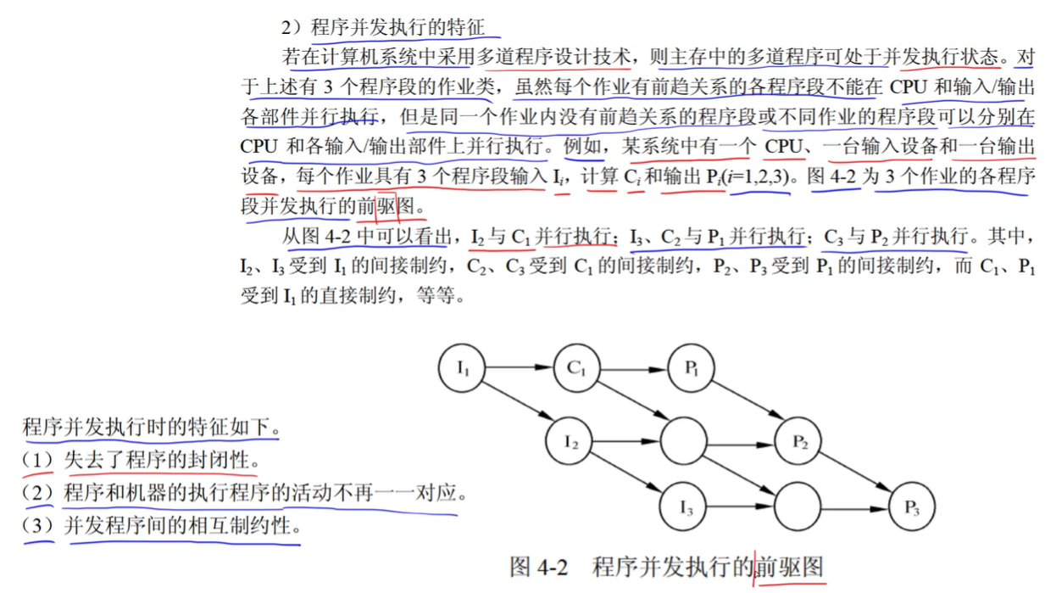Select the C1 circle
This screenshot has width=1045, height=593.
pyautogui.click(x=576, y=368)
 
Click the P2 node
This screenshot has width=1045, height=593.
pyautogui.click(x=798, y=441)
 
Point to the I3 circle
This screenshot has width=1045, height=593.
pyautogui.click(x=685, y=508)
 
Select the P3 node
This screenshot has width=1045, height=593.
pyautogui.click(x=912, y=508)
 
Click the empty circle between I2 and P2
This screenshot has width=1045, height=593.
pyautogui.click(x=683, y=441)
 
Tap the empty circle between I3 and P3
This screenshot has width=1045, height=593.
pyautogui.click(x=798, y=507)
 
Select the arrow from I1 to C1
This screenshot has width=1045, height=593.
pyautogui.click(x=520, y=368)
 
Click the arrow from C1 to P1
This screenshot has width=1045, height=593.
pyautogui.click(x=635, y=368)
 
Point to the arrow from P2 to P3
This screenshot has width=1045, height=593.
pyautogui.click(x=855, y=474)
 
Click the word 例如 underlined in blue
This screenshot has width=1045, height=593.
pyautogui.click(x=585, y=147)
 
